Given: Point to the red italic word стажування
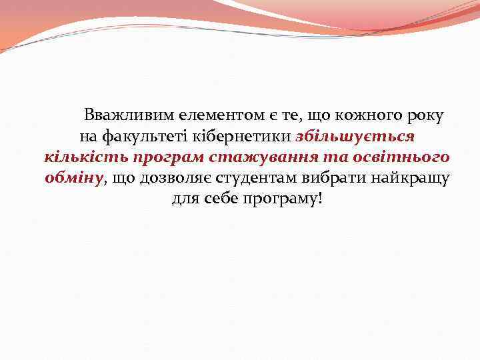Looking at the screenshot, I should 267,158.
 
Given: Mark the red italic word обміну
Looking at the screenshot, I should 74,178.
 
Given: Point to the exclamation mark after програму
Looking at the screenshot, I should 319,199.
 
